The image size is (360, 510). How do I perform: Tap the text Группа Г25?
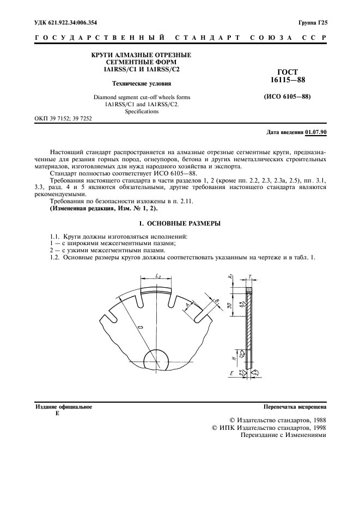coord(312,22)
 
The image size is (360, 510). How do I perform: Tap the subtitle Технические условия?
coord(141,84)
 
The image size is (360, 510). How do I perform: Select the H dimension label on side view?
coord(232,360)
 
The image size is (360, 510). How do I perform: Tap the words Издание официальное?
coord(64,407)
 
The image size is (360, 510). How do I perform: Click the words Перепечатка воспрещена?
coord(295,407)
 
